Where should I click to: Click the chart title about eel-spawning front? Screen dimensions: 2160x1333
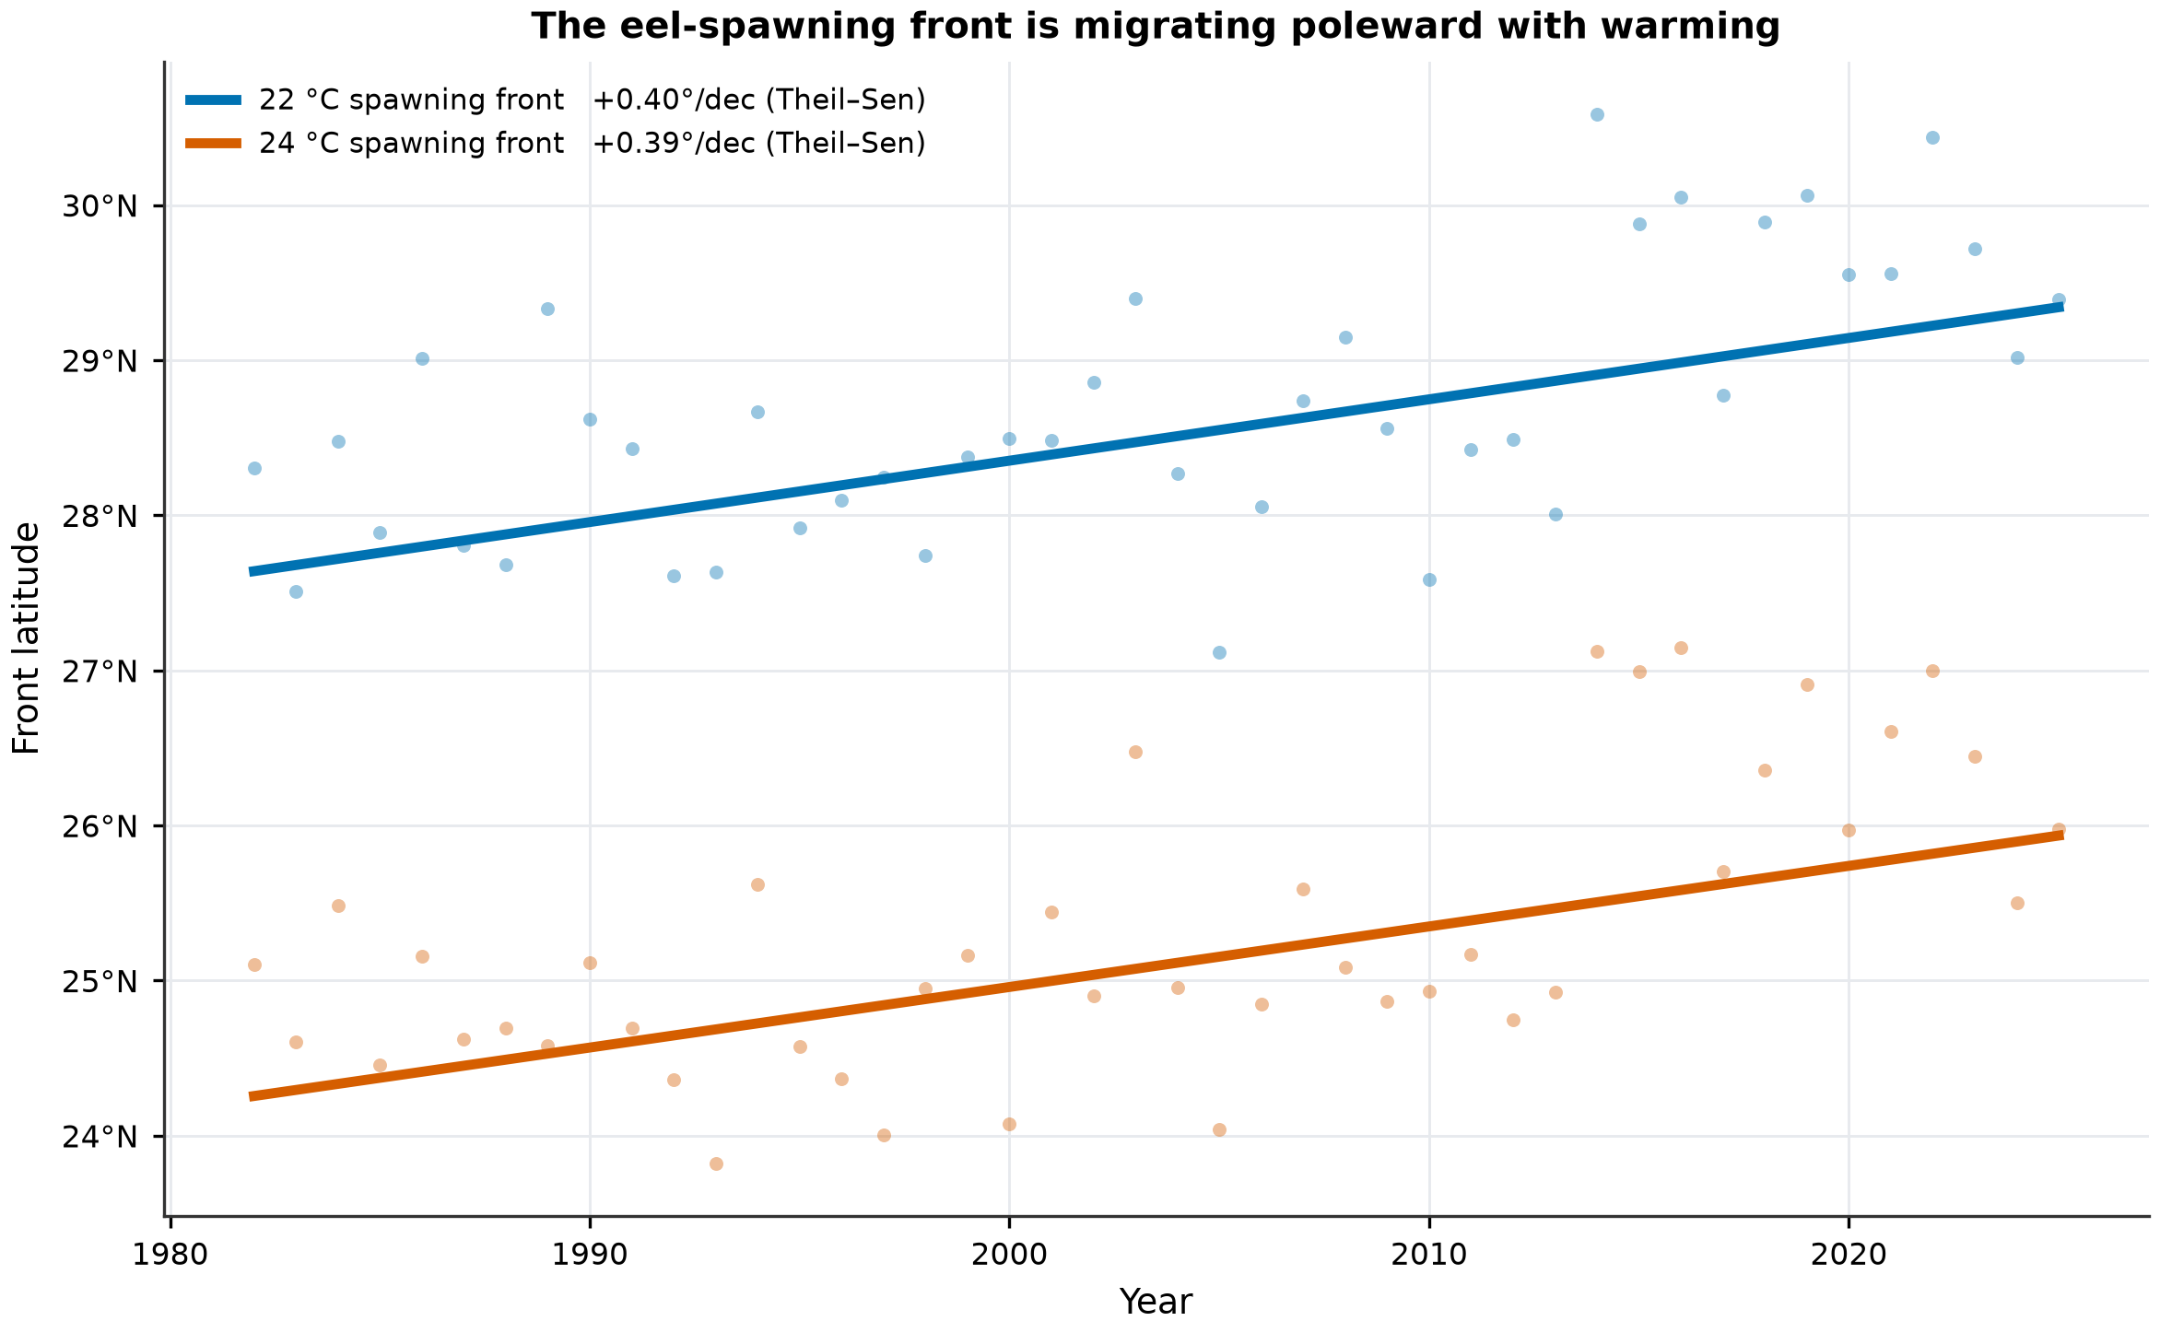[x=1156, y=27]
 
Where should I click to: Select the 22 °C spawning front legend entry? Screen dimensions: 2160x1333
[x=556, y=100]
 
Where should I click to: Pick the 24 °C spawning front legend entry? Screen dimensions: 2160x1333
[x=556, y=144]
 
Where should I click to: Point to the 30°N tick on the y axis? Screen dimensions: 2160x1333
[x=100, y=206]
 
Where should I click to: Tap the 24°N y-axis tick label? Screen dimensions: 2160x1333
[x=100, y=1137]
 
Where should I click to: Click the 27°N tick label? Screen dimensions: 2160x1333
[x=100, y=672]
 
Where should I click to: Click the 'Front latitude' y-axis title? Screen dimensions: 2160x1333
[x=27, y=638]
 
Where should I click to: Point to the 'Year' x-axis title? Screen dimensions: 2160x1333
[x=1156, y=1302]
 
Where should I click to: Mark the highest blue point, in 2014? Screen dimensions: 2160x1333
[x=1597, y=114]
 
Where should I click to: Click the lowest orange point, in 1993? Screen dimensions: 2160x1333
[x=716, y=1163]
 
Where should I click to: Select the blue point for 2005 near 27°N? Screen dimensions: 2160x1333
[x=1219, y=652]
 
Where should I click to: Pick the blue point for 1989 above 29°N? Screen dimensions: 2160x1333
[x=547, y=309]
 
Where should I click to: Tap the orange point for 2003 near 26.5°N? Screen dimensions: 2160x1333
[x=1135, y=752]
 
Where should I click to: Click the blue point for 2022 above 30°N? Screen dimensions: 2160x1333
[x=1932, y=137]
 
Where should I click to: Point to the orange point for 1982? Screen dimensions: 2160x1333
[x=254, y=965]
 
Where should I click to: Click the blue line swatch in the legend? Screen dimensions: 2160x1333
[x=213, y=100]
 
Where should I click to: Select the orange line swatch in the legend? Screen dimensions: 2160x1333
[x=213, y=144]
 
